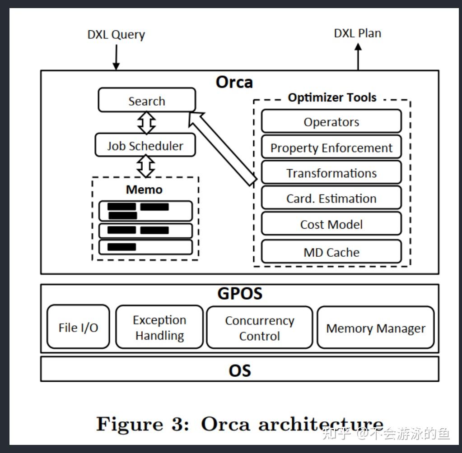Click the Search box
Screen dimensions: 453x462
(x=147, y=100)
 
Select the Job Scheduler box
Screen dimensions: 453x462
(x=145, y=145)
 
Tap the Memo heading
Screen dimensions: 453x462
(x=144, y=190)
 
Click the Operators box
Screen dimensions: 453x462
(x=331, y=121)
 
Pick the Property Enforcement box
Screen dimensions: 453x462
(x=331, y=148)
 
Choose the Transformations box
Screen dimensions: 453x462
(x=331, y=173)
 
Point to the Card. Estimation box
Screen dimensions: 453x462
(x=331, y=199)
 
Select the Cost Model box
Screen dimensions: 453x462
(x=331, y=224)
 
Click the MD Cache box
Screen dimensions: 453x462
(x=331, y=252)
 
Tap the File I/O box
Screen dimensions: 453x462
(x=78, y=327)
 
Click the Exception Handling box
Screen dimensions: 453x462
(x=159, y=328)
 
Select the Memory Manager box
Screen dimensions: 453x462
(x=375, y=328)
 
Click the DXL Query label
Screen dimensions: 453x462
(x=116, y=35)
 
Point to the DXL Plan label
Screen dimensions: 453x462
(x=357, y=33)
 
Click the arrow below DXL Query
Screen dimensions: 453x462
(x=116, y=58)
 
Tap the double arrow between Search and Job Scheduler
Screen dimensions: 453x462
(x=146, y=122)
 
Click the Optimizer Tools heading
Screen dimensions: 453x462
(x=332, y=97)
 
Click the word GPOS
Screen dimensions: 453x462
(x=239, y=293)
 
